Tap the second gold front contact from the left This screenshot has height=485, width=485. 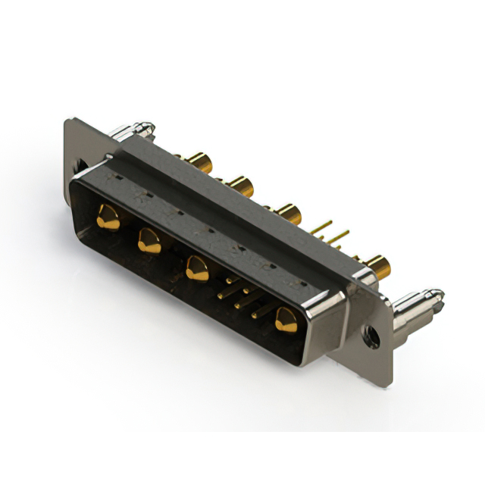point(149,242)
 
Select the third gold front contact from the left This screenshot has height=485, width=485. point(197,268)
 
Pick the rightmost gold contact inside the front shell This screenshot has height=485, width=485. point(286,319)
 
